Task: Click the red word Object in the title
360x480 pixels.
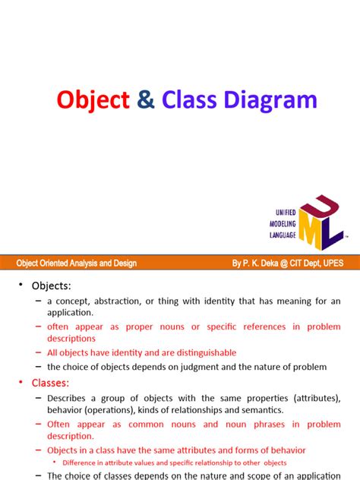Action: (x=93, y=100)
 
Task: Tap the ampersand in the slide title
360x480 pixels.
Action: (x=144, y=100)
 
